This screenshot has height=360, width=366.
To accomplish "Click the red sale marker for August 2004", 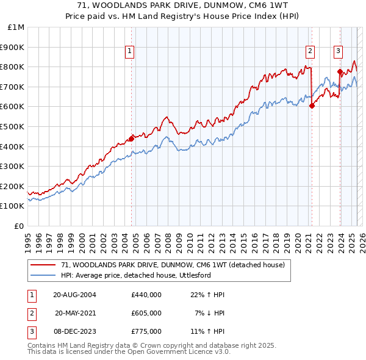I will pyautogui.click(x=131, y=139).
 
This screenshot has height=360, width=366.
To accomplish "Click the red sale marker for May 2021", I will pyautogui.click(x=312, y=106).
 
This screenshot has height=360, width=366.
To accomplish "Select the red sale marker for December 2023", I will pyautogui.click(x=340, y=71).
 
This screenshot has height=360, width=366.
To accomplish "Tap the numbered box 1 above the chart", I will pyautogui.click(x=131, y=52).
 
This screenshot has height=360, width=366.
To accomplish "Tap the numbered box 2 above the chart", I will pyautogui.click(x=310, y=52).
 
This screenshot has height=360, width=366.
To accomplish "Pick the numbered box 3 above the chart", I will pyautogui.click(x=338, y=52).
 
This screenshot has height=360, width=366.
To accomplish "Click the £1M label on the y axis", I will pyautogui.click(x=16, y=27).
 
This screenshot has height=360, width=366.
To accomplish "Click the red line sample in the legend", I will pyautogui.click(x=43, y=265).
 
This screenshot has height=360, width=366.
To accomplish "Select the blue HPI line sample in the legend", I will pyautogui.click(x=43, y=275).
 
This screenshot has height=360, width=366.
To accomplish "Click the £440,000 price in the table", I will pyautogui.click(x=146, y=295).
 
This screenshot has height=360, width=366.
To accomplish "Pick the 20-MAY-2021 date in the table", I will pyautogui.click(x=76, y=313).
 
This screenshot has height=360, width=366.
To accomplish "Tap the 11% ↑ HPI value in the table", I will pyautogui.click(x=207, y=331).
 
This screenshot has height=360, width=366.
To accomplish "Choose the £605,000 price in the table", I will pyautogui.click(x=146, y=313).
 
